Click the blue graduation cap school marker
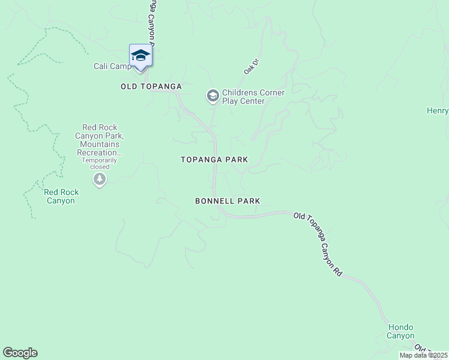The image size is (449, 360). pos(140,55)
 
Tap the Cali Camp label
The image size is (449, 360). pos(112,66)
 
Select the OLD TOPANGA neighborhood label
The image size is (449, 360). pos(151,86)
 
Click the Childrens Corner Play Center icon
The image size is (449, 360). pos(212,95)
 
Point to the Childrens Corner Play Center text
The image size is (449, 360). pos(253,97)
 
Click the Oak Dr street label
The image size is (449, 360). pos(250,67)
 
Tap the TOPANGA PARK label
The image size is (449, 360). pos(214,160)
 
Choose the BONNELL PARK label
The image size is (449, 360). pos(228,201)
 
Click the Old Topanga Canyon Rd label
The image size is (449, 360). pos(318,244)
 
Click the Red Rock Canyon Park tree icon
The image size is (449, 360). pos(100,179)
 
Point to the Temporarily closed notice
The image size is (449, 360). pos(100,163)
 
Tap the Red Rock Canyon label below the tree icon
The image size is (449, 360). pos(61,196)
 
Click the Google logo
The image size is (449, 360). pos(20,353)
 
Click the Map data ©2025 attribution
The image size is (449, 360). pos(423,355)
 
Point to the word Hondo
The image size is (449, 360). pos(400,327)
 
